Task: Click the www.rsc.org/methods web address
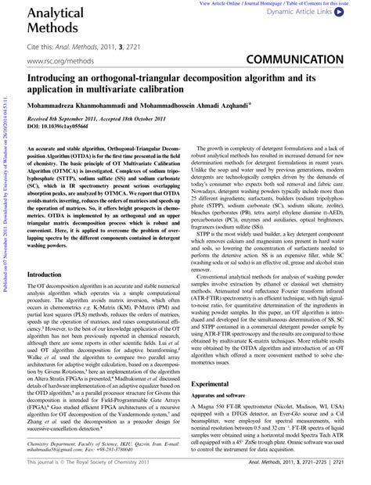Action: click(x=55, y=59)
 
